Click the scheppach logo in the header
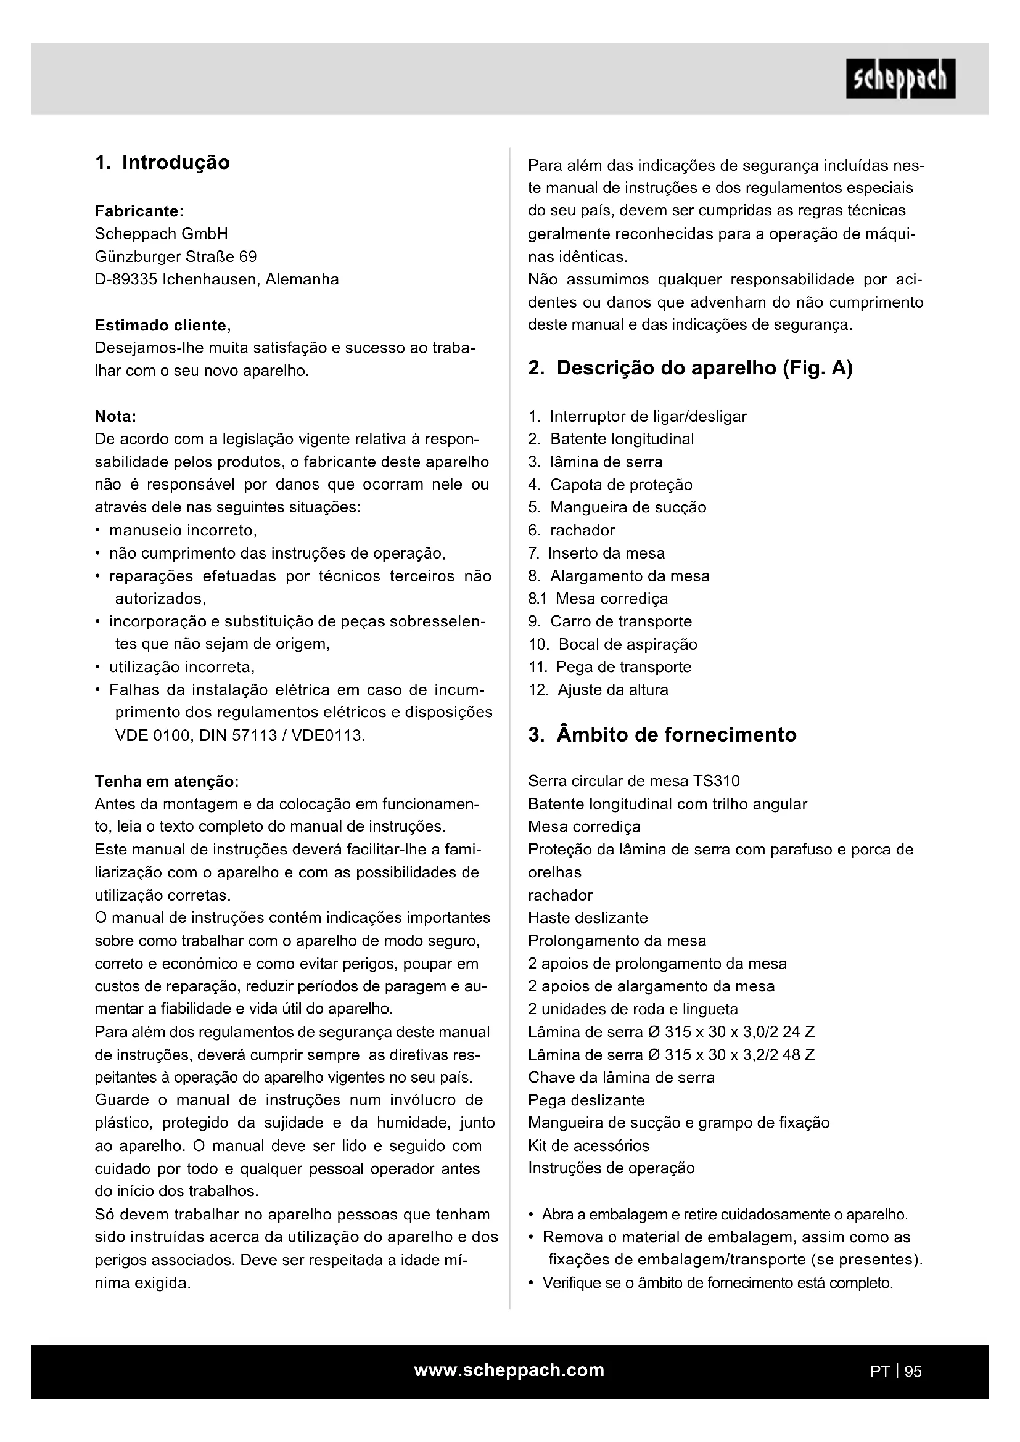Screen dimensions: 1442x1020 coord(900,78)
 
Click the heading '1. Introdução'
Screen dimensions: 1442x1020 coord(163,163)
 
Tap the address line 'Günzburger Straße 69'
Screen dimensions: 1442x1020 coord(176,257)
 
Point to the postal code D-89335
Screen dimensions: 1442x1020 coord(126,279)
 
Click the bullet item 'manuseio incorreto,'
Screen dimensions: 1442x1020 coord(183,531)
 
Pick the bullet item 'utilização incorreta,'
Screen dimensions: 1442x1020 coord(181,667)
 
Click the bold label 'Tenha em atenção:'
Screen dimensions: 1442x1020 coord(167,781)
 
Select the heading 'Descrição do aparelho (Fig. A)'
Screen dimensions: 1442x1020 coord(704,368)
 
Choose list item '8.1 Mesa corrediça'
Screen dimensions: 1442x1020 coord(598,599)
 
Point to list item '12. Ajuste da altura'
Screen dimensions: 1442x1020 coord(598,690)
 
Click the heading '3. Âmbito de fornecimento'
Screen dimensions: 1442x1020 coord(662,735)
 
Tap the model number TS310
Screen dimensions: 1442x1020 coord(717,781)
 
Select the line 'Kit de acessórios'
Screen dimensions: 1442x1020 coord(588,1145)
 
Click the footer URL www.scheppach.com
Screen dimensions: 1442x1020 coord(509,1370)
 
